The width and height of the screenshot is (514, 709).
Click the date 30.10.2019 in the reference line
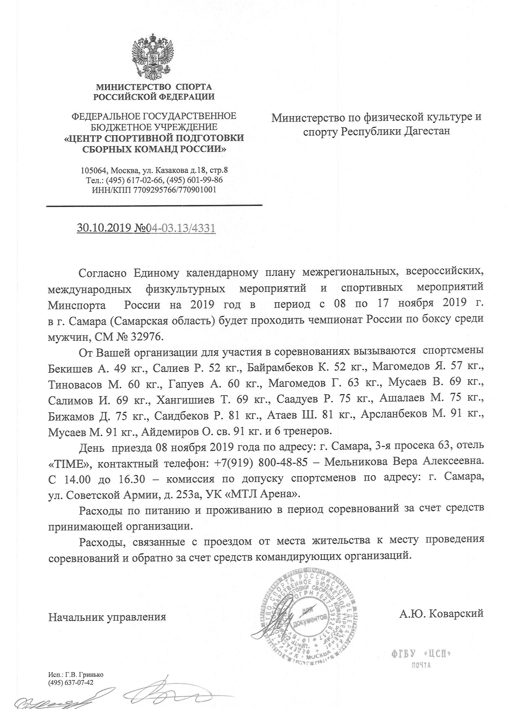click(x=104, y=228)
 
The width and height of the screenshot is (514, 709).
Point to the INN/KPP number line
click(x=154, y=189)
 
